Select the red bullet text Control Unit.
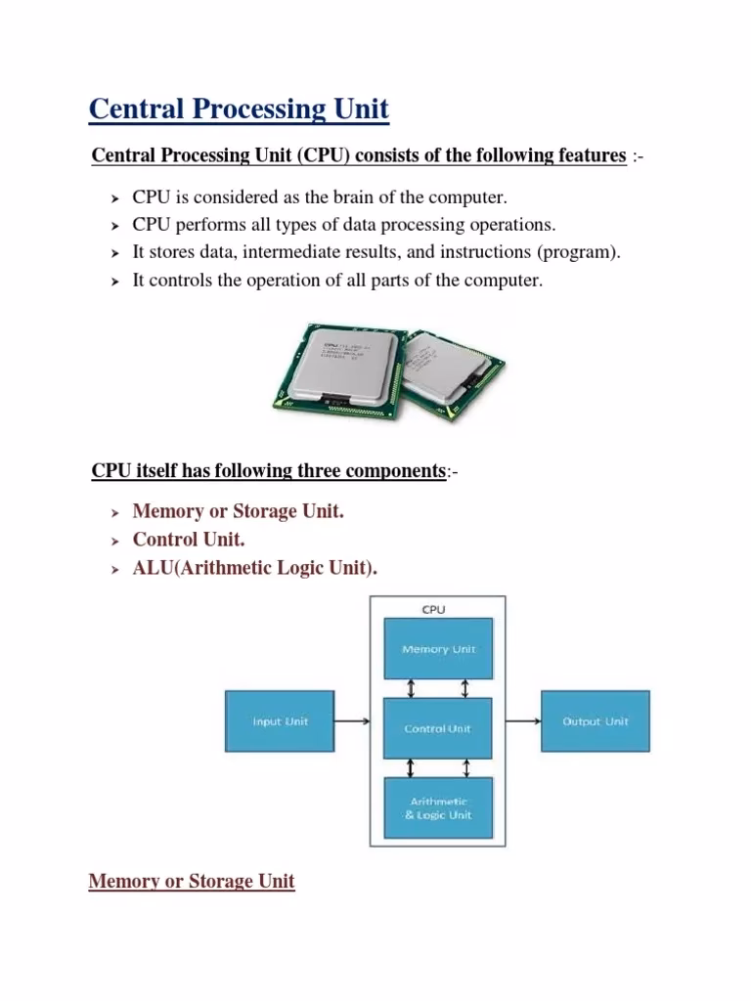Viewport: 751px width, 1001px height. [x=189, y=540]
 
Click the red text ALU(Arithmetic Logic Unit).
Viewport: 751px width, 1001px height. [x=254, y=568]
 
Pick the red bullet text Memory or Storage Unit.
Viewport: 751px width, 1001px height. [x=239, y=511]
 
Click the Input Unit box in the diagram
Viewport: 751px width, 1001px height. [x=280, y=721]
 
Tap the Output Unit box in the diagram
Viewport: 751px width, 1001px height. [x=595, y=721]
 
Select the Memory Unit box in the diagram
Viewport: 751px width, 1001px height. [x=438, y=649]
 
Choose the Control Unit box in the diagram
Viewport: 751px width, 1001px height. [x=438, y=728]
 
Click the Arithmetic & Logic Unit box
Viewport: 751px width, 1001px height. [x=438, y=807]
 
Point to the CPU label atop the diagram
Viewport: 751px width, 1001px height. [x=433, y=609]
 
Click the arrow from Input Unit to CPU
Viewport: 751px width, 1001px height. [x=351, y=722]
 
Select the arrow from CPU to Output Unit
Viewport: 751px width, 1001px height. [x=523, y=722]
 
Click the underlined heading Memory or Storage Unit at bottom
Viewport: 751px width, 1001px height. [x=192, y=882]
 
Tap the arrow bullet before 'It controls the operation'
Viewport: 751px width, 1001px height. [x=112, y=282]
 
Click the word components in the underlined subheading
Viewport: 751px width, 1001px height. [x=396, y=471]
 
